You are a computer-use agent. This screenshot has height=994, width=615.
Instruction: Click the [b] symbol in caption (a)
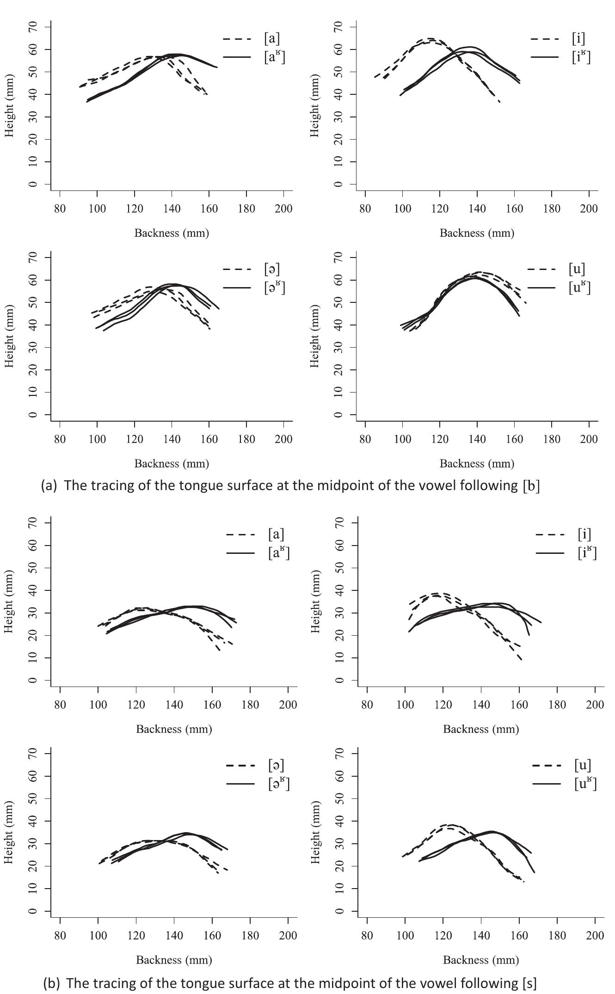point(531,486)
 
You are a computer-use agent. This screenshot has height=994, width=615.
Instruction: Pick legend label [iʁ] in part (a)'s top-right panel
point(581,57)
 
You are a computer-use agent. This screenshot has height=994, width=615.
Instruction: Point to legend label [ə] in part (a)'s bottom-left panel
point(272,269)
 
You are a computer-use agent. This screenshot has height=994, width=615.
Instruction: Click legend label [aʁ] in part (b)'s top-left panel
point(279,553)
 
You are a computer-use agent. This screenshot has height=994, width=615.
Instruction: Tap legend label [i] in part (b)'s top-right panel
point(584,534)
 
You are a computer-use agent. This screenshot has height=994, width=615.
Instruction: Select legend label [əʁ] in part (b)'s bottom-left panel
point(279,784)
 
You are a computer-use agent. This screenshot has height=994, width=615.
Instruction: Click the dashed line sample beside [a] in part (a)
point(237,39)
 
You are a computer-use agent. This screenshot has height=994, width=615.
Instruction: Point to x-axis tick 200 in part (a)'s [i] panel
point(589,209)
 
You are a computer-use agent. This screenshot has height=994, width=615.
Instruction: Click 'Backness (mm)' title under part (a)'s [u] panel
point(477,464)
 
